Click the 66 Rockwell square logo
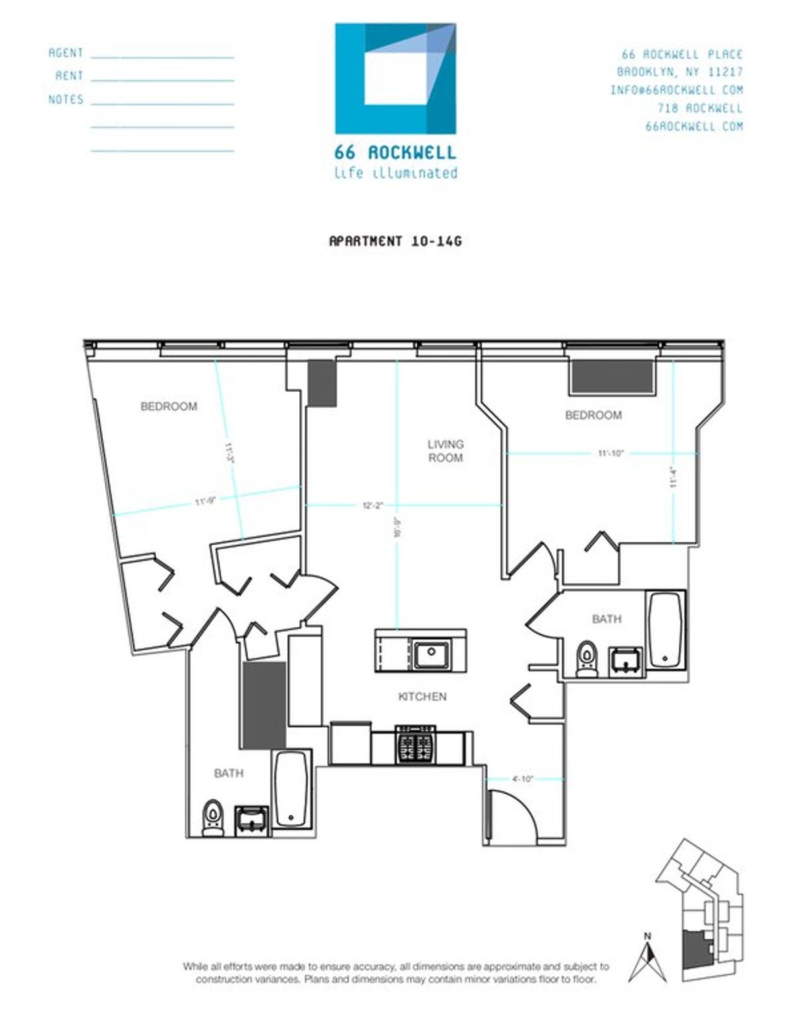pos(395,78)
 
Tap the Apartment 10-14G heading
pos(395,241)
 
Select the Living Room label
pos(446,451)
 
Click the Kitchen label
pos(422,697)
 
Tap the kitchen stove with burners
pos(415,745)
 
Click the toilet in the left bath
pos(212,818)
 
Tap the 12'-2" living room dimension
pos(373,505)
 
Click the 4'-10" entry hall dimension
pos(522,779)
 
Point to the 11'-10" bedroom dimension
pos(610,453)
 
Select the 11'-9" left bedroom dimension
pos(205,502)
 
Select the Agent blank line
pos(162,57)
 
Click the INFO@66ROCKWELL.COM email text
pos(676,90)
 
